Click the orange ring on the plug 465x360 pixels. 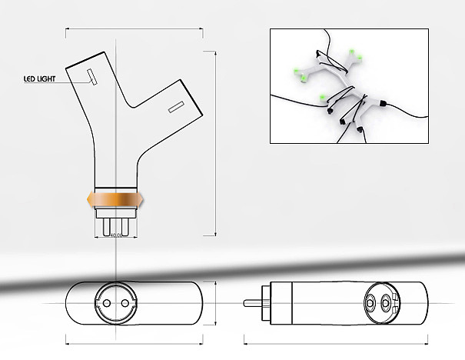point(115,199)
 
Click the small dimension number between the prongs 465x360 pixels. point(115,235)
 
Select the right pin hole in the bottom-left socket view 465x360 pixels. point(124,302)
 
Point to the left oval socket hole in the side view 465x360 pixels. point(370,302)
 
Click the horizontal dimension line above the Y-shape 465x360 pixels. point(134,30)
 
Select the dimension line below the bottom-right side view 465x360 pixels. point(334,341)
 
